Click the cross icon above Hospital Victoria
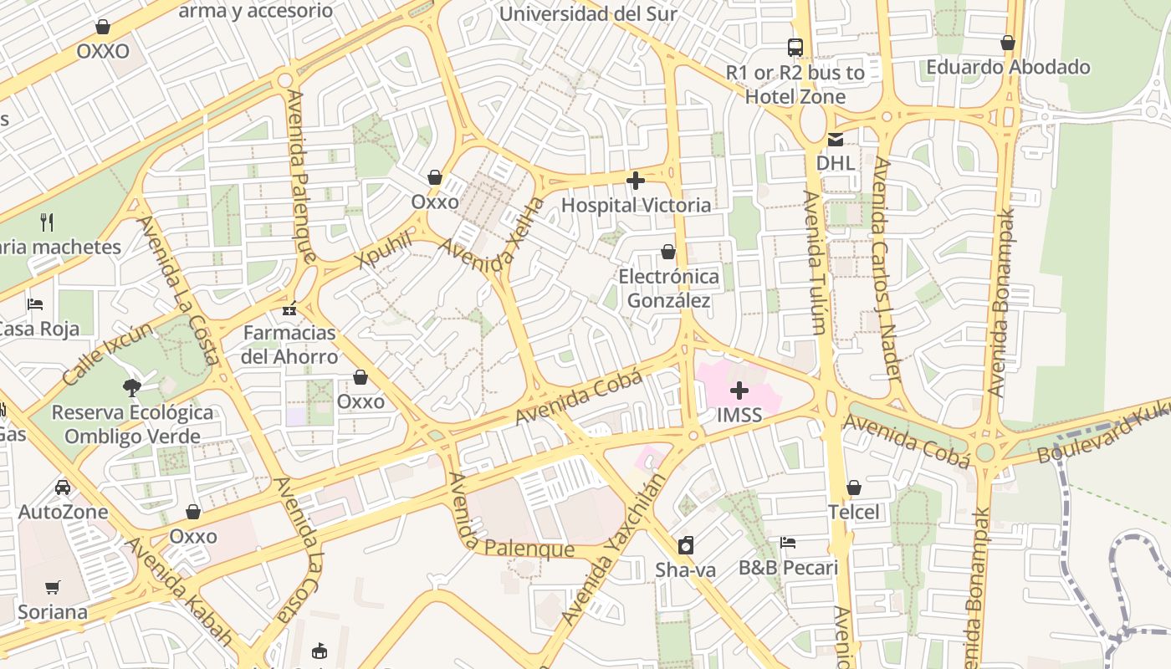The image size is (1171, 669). (x=636, y=180)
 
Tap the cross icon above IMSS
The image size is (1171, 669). (x=739, y=390)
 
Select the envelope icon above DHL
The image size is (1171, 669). (x=835, y=140)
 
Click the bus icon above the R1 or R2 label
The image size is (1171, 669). (x=795, y=48)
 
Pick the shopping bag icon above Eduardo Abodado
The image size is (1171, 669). (x=1008, y=43)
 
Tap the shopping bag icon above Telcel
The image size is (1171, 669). (x=854, y=488)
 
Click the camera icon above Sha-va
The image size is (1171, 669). (x=686, y=545)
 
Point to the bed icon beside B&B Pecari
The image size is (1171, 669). (x=787, y=543)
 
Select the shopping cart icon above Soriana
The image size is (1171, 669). (x=53, y=587)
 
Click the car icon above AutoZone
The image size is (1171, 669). (x=63, y=487)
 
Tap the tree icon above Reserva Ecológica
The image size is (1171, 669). (x=131, y=387)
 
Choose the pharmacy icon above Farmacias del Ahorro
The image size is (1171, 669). (x=289, y=309)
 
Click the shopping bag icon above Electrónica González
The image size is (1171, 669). (x=668, y=252)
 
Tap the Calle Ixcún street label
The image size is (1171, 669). (x=107, y=354)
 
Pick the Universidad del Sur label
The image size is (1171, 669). (x=588, y=14)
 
